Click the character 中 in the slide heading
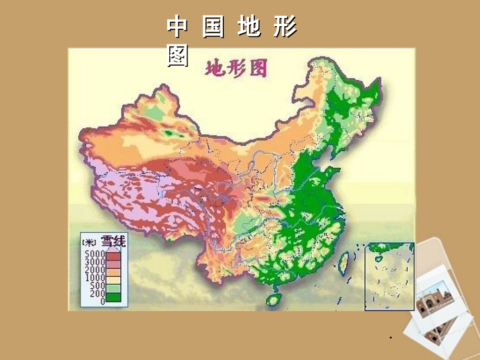[x=177, y=27]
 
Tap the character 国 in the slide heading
[x=213, y=27]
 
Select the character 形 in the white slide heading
[x=285, y=27]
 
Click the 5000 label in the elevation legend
[x=94, y=253]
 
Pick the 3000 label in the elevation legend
[x=94, y=262]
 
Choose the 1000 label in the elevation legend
[x=94, y=278]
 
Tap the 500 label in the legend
[x=96, y=286]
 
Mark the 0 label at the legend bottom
[x=102, y=301]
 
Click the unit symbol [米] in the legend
[x=89, y=242]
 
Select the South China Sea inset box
[x=389, y=276]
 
